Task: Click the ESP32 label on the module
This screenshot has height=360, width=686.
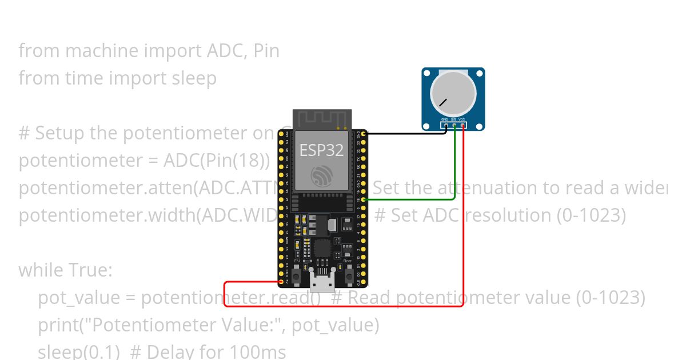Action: (322, 150)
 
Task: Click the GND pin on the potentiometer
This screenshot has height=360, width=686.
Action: (446, 125)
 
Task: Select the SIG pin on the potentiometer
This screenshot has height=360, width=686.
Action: (454, 125)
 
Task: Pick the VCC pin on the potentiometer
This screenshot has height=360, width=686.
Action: (462, 125)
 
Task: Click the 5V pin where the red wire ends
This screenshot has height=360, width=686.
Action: (281, 282)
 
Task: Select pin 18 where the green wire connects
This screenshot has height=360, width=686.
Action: (364, 199)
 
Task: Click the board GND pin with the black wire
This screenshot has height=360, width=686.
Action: (364, 134)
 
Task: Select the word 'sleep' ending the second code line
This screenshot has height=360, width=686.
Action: (194, 78)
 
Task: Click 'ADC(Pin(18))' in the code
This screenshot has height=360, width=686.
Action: (217, 161)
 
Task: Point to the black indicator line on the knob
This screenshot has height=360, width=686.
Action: (443, 103)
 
